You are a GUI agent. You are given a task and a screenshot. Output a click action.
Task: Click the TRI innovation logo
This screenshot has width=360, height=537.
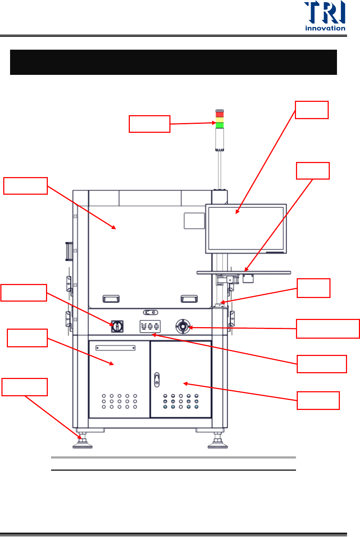[325, 16]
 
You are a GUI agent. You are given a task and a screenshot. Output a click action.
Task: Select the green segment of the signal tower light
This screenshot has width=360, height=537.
[219, 125]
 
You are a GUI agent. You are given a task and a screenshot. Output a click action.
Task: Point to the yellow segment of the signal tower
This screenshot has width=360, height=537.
[219, 119]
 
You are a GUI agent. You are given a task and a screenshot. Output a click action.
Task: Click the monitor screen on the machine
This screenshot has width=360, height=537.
[246, 228]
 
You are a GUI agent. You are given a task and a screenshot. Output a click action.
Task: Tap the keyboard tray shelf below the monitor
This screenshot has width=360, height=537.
[243, 272]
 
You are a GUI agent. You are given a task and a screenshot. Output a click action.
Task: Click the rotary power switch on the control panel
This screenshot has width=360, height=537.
[117, 326]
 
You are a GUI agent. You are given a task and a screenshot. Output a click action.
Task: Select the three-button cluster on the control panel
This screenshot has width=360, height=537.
[150, 327]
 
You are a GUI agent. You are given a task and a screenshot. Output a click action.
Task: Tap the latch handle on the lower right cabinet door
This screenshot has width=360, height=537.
[156, 380]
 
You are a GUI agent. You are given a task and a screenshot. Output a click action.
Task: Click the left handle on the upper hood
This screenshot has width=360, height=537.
[111, 299]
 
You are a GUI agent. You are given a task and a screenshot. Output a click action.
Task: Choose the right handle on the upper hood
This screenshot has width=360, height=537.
[189, 299]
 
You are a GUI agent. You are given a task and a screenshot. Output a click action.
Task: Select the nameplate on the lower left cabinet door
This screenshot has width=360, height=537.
[115, 348]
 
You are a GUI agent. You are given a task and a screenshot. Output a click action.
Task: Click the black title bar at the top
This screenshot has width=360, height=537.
[173, 62]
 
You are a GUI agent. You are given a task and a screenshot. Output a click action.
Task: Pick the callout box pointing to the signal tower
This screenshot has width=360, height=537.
[149, 124]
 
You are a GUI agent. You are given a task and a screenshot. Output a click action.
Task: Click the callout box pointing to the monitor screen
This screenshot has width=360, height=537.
[311, 110]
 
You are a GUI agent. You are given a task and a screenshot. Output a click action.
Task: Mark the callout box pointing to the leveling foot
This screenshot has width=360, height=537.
[24, 387]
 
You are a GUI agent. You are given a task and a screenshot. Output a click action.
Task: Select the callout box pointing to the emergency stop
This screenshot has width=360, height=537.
[328, 329]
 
